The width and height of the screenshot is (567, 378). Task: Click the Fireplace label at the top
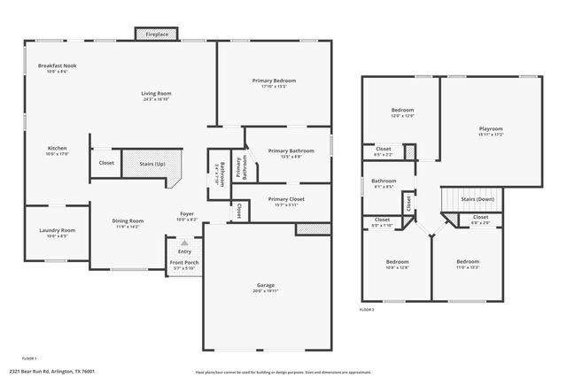coord(156,34)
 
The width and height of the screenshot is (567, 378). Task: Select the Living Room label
coord(156,94)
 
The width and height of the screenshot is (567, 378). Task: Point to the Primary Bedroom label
coord(275,81)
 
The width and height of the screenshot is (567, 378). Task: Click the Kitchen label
coord(57,149)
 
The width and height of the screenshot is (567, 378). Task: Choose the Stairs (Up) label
coord(146,163)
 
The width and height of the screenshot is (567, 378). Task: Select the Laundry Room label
coord(57,231)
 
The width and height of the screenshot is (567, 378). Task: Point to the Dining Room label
coord(128,221)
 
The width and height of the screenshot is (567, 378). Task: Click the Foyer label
coord(187,214)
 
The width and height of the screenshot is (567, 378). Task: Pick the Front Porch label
coord(185,263)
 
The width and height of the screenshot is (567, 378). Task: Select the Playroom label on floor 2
coord(491,129)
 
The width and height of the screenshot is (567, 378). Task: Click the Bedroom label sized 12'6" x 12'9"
coord(401,112)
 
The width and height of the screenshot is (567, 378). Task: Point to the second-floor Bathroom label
coord(384,181)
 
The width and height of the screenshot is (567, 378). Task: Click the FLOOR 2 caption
coord(367,310)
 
